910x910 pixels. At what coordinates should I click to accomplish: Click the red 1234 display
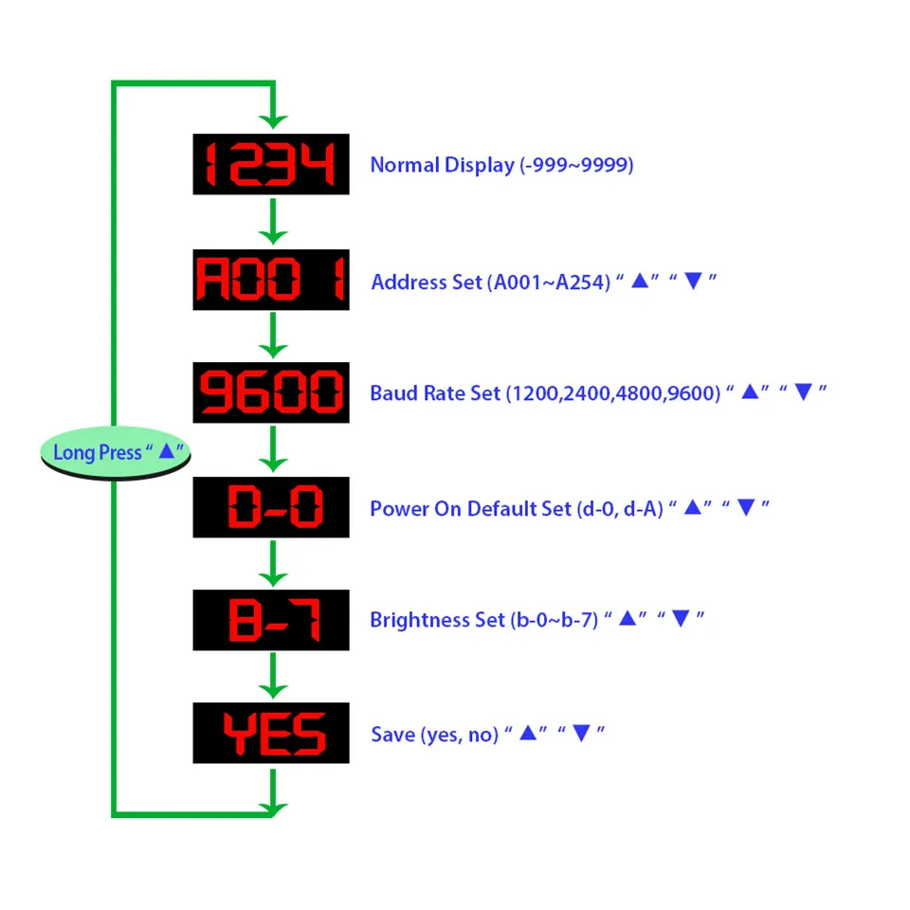[271, 164]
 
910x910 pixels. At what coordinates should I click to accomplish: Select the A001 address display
[271, 280]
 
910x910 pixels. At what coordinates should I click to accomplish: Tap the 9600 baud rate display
[271, 392]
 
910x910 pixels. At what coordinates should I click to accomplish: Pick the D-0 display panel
[271, 507]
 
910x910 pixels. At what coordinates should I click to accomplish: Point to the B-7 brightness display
[271, 620]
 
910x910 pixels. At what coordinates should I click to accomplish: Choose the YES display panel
[271, 733]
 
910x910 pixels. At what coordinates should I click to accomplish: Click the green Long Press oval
[116, 453]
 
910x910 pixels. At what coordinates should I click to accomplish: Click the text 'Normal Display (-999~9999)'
[501, 165]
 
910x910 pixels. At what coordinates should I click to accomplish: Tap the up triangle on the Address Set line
[640, 281]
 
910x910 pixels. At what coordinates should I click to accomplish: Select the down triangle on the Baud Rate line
[803, 392]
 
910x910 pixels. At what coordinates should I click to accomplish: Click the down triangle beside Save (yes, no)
[581, 733]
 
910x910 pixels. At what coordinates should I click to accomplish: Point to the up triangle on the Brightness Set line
[628, 618]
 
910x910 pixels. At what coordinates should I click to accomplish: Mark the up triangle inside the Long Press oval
[167, 450]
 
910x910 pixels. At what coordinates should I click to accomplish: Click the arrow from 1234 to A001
[273, 222]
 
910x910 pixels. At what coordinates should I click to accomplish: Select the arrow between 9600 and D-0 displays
[273, 449]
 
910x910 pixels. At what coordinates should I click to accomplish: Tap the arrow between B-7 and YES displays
[273, 676]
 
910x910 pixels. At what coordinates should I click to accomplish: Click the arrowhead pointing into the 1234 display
[273, 120]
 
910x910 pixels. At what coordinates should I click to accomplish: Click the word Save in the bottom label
[392, 734]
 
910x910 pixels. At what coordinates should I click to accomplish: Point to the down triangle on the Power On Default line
[746, 508]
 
